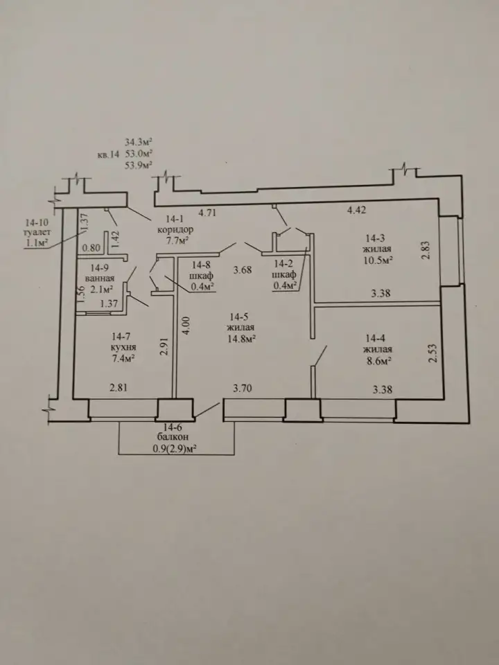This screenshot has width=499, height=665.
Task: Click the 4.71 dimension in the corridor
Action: (207, 212)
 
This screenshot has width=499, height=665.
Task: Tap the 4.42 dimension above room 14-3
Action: (356, 210)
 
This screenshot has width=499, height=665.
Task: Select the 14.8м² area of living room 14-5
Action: (240, 339)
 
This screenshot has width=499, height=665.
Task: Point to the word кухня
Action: (123, 347)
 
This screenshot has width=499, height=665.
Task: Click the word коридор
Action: (175, 230)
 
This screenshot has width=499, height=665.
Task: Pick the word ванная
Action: (100, 278)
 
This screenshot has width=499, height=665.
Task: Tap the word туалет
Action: (37, 232)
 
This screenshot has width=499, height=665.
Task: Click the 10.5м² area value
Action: (376, 260)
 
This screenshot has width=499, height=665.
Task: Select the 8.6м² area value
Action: (377, 360)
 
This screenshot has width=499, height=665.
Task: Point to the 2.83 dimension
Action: (427, 250)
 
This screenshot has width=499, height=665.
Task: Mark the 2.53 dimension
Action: (432, 353)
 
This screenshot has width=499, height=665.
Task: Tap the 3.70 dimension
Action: (242, 388)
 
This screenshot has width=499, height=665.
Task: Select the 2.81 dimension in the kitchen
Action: (119, 387)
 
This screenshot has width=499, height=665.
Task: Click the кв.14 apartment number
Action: (108, 154)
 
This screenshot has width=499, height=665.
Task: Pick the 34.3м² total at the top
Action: (139, 141)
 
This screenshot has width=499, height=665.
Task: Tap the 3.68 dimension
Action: (243, 269)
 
